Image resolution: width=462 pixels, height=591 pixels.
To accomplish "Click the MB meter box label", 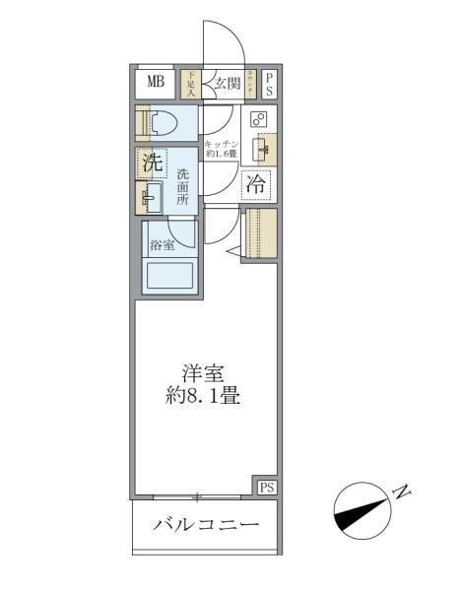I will coord(156,82).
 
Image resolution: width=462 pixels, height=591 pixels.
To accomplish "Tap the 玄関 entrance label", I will coord(227,84).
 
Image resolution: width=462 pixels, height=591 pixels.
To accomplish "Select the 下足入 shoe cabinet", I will coord(191,84).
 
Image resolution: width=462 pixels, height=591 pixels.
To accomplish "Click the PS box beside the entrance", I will coord(269,83).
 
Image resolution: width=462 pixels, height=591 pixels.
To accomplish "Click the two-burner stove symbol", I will coord(258,120).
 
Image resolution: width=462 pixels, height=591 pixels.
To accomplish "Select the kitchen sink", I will coord(261,150).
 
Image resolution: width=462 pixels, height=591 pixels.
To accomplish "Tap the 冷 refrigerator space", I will coord(255,183).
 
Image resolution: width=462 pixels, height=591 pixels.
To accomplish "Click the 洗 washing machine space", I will coord(152,164).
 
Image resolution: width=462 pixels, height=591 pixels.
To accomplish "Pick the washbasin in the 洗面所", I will coord(151,197).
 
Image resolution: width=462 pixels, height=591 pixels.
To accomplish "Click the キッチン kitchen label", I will coord(219,149).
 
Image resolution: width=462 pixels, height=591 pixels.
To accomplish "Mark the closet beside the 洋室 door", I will coord(261,233).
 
